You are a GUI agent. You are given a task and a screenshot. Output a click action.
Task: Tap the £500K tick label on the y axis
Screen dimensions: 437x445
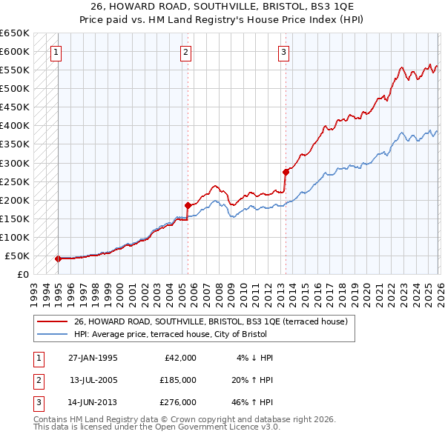14,89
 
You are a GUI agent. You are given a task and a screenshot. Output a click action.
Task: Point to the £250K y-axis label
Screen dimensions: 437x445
14,181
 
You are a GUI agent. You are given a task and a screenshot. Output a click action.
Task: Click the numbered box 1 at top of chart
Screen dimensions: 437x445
57,52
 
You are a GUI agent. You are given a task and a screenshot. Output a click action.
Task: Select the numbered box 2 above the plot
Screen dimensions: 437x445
185,52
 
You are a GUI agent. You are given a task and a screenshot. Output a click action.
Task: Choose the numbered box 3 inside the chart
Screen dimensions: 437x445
284,52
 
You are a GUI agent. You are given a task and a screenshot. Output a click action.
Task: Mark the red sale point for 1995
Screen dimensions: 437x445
58,258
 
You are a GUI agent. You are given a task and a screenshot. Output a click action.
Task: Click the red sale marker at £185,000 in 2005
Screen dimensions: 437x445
188,205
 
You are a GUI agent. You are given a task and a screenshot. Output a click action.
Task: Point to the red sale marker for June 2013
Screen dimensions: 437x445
286,171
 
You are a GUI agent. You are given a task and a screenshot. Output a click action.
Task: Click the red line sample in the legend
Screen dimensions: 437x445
53,321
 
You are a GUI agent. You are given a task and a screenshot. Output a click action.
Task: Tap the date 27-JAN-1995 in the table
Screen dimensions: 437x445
93,358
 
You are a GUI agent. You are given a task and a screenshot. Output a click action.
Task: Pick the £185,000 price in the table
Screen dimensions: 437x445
177,380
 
